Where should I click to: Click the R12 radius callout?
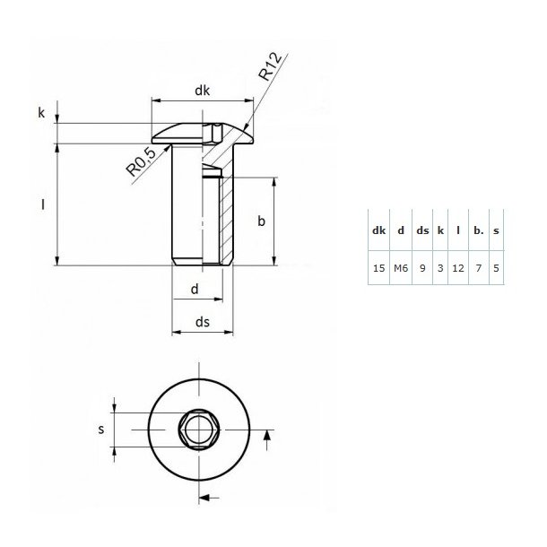[273, 68]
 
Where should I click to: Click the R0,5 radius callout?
[142, 161]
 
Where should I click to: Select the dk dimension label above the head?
[203, 90]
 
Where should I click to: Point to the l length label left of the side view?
[42, 204]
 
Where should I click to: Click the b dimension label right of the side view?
[261, 221]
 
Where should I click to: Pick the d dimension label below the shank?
[195, 289]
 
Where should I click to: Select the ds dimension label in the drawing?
[203, 321]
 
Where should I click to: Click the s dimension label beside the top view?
[100, 430]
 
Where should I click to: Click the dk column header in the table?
[378, 230]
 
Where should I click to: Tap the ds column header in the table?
[421, 230]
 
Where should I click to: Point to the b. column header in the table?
[478, 230]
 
